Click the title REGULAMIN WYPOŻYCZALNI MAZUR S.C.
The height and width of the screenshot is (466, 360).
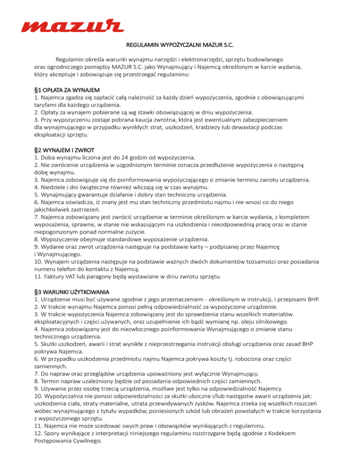pyautogui.click(x=180, y=46)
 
